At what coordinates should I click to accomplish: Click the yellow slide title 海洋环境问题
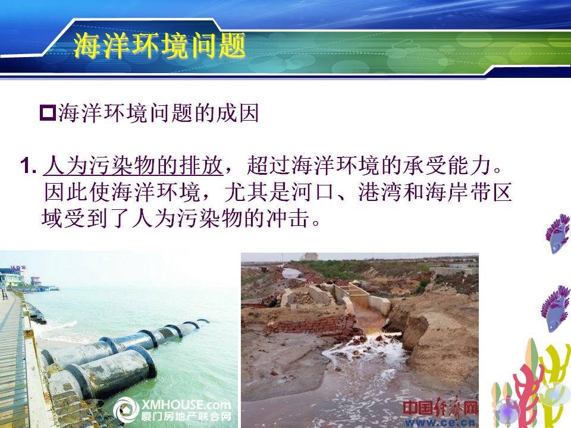click(159, 46)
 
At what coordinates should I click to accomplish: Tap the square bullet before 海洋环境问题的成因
click(48, 113)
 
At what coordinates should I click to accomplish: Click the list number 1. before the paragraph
click(29, 166)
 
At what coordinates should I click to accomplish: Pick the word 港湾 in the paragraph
click(380, 192)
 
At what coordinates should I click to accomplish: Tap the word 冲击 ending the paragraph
click(288, 218)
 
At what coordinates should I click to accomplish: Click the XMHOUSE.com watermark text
click(186, 405)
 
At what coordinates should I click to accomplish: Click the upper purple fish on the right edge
click(557, 234)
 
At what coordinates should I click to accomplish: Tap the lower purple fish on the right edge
click(556, 309)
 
